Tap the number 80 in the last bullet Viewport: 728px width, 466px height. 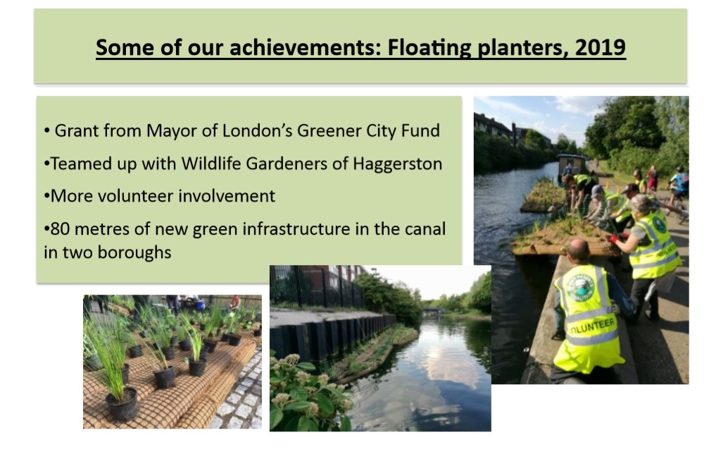point(60,229)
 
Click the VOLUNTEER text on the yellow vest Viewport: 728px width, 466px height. point(593,326)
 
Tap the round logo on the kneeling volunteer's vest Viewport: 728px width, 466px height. point(580,287)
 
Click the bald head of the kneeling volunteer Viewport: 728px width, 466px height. point(579,250)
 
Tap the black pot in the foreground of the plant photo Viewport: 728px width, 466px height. point(122,405)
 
